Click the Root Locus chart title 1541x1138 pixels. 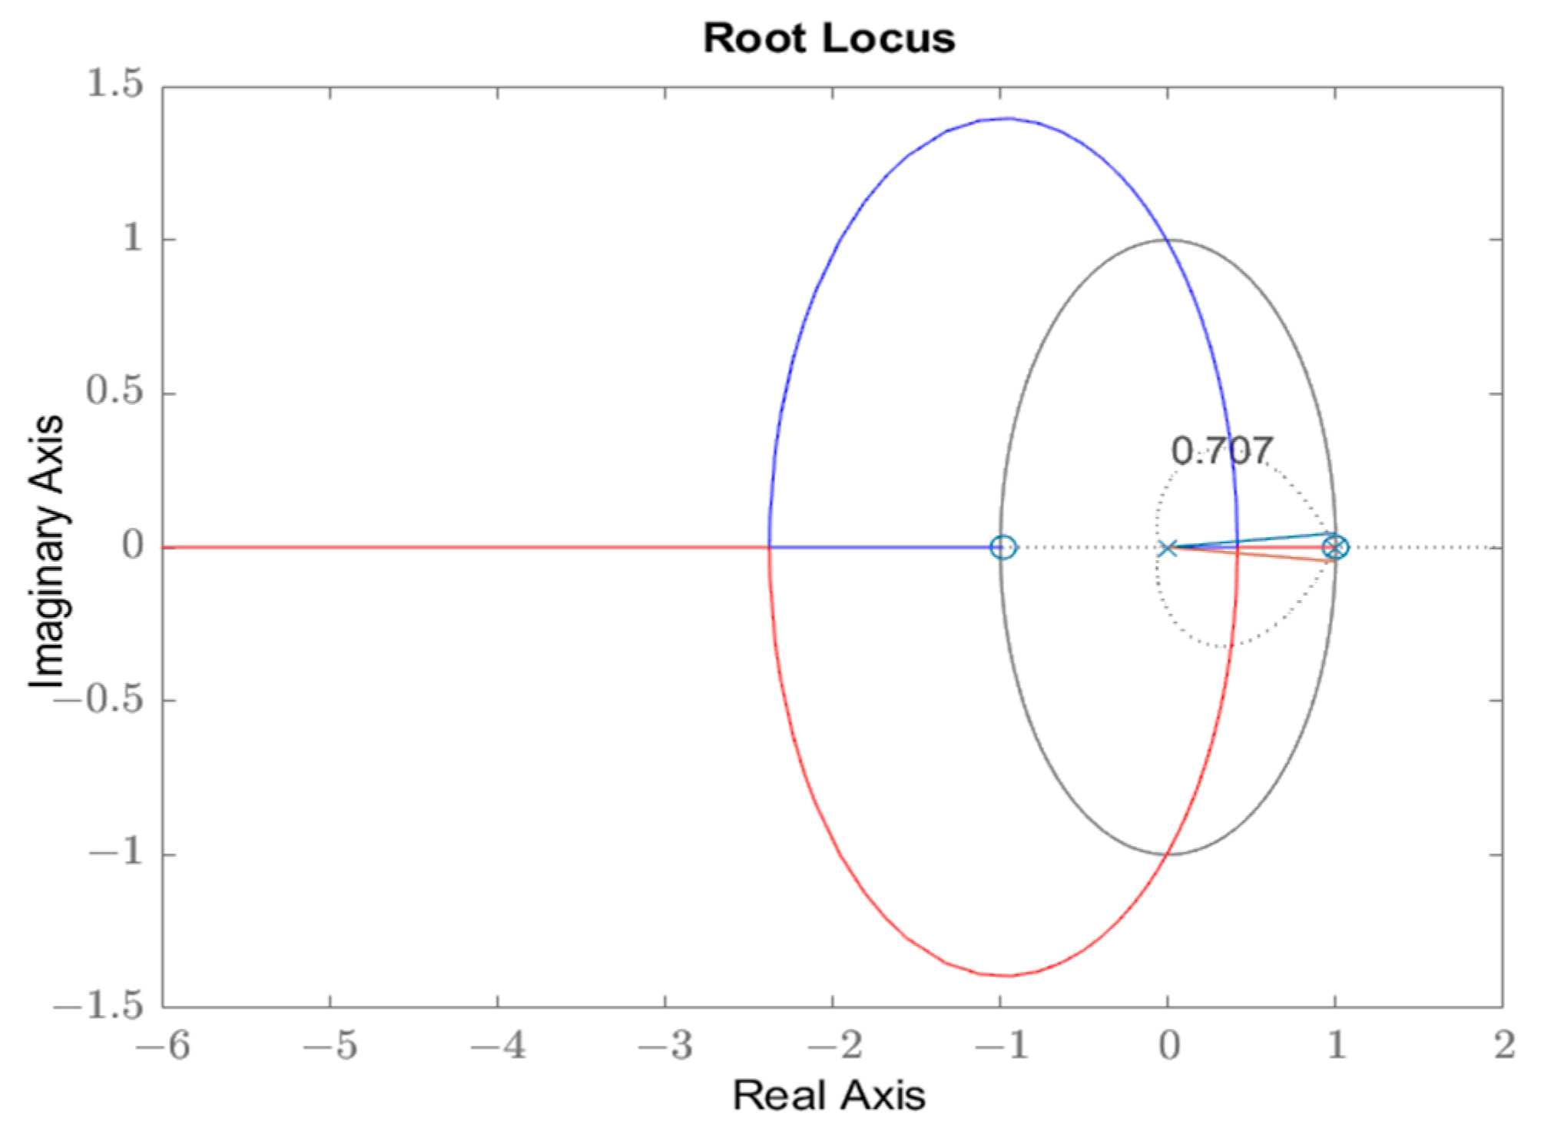click(829, 38)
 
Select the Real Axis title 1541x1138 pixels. click(829, 1095)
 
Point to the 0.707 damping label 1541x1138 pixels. click(1221, 451)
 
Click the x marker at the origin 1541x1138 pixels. click(1167, 549)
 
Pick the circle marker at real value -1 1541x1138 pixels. click(1002, 548)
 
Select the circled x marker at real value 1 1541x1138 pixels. click(1335, 548)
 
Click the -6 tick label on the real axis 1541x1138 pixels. click(163, 1046)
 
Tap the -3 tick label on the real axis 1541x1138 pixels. click(665, 1046)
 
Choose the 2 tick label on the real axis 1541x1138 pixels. click(1504, 1046)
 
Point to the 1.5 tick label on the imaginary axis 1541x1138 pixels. click(114, 84)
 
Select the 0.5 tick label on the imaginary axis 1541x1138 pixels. click(114, 391)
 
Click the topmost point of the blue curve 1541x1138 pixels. click(1007, 118)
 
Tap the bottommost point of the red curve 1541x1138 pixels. click(1007, 976)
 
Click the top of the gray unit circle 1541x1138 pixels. click(1168, 241)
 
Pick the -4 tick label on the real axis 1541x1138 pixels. click(498, 1046)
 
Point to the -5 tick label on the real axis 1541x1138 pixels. click(330, 1046)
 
